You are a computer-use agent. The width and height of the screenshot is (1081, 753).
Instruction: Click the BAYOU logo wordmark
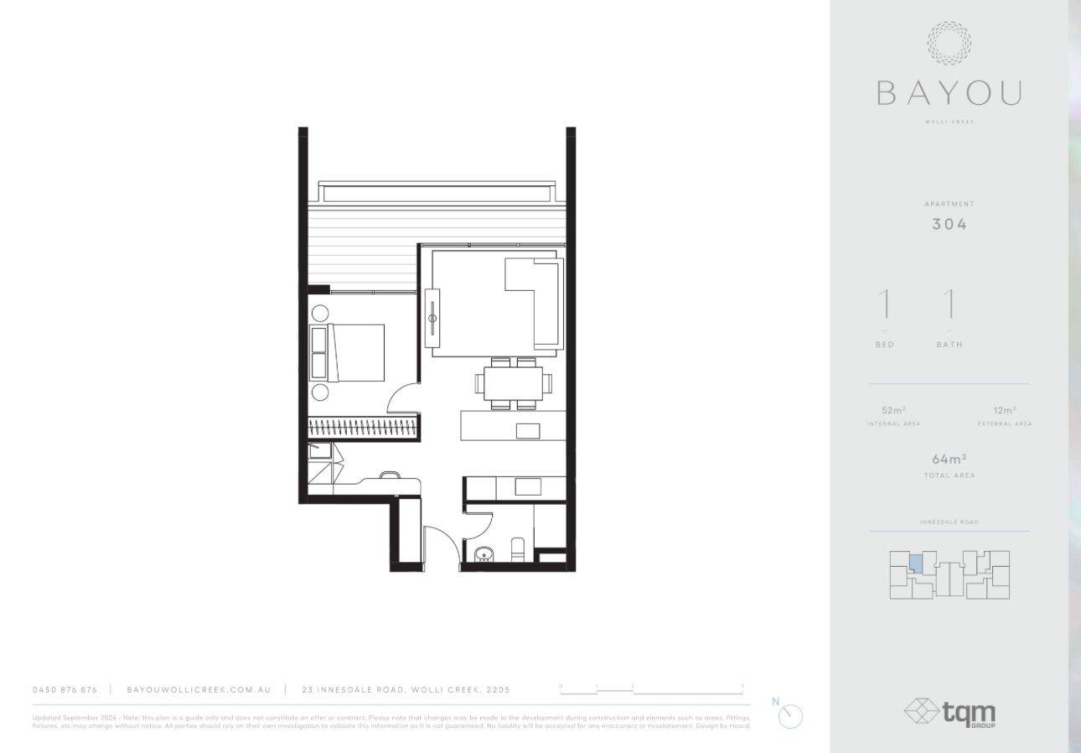coord(949,92)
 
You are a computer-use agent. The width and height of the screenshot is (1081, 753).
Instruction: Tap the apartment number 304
coord(949,224)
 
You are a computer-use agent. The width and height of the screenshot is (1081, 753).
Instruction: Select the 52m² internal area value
coord(893,411)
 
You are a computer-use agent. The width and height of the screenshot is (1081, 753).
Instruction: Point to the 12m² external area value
coord(1004,411)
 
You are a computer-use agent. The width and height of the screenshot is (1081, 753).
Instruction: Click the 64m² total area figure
coord(949,459)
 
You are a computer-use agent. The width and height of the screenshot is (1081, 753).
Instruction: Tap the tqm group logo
coord(949,713)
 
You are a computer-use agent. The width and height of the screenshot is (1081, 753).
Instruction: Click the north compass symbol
coord(790,715)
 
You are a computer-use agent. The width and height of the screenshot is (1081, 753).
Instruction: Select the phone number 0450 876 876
coord(65,689)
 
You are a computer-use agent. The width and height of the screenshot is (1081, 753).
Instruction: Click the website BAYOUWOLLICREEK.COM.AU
coord(199,689)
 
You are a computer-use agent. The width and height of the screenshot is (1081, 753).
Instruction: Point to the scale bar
coord(651,690)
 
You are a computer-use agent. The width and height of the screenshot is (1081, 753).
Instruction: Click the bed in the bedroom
coord(356,352)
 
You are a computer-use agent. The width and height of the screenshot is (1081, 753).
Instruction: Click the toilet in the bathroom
coord(517,552)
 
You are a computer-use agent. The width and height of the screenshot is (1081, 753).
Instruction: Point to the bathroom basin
coord(484,554)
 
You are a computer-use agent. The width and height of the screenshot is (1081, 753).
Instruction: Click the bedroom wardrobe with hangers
coord(363,428)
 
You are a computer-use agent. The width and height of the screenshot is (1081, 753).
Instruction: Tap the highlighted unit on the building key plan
coord(917,563)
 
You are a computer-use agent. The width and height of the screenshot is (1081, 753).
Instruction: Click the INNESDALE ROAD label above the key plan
coord(949,522)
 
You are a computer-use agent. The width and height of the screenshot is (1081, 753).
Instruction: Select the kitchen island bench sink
coord(528,431)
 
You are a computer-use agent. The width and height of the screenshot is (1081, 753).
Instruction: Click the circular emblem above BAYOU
coord(949,44)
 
